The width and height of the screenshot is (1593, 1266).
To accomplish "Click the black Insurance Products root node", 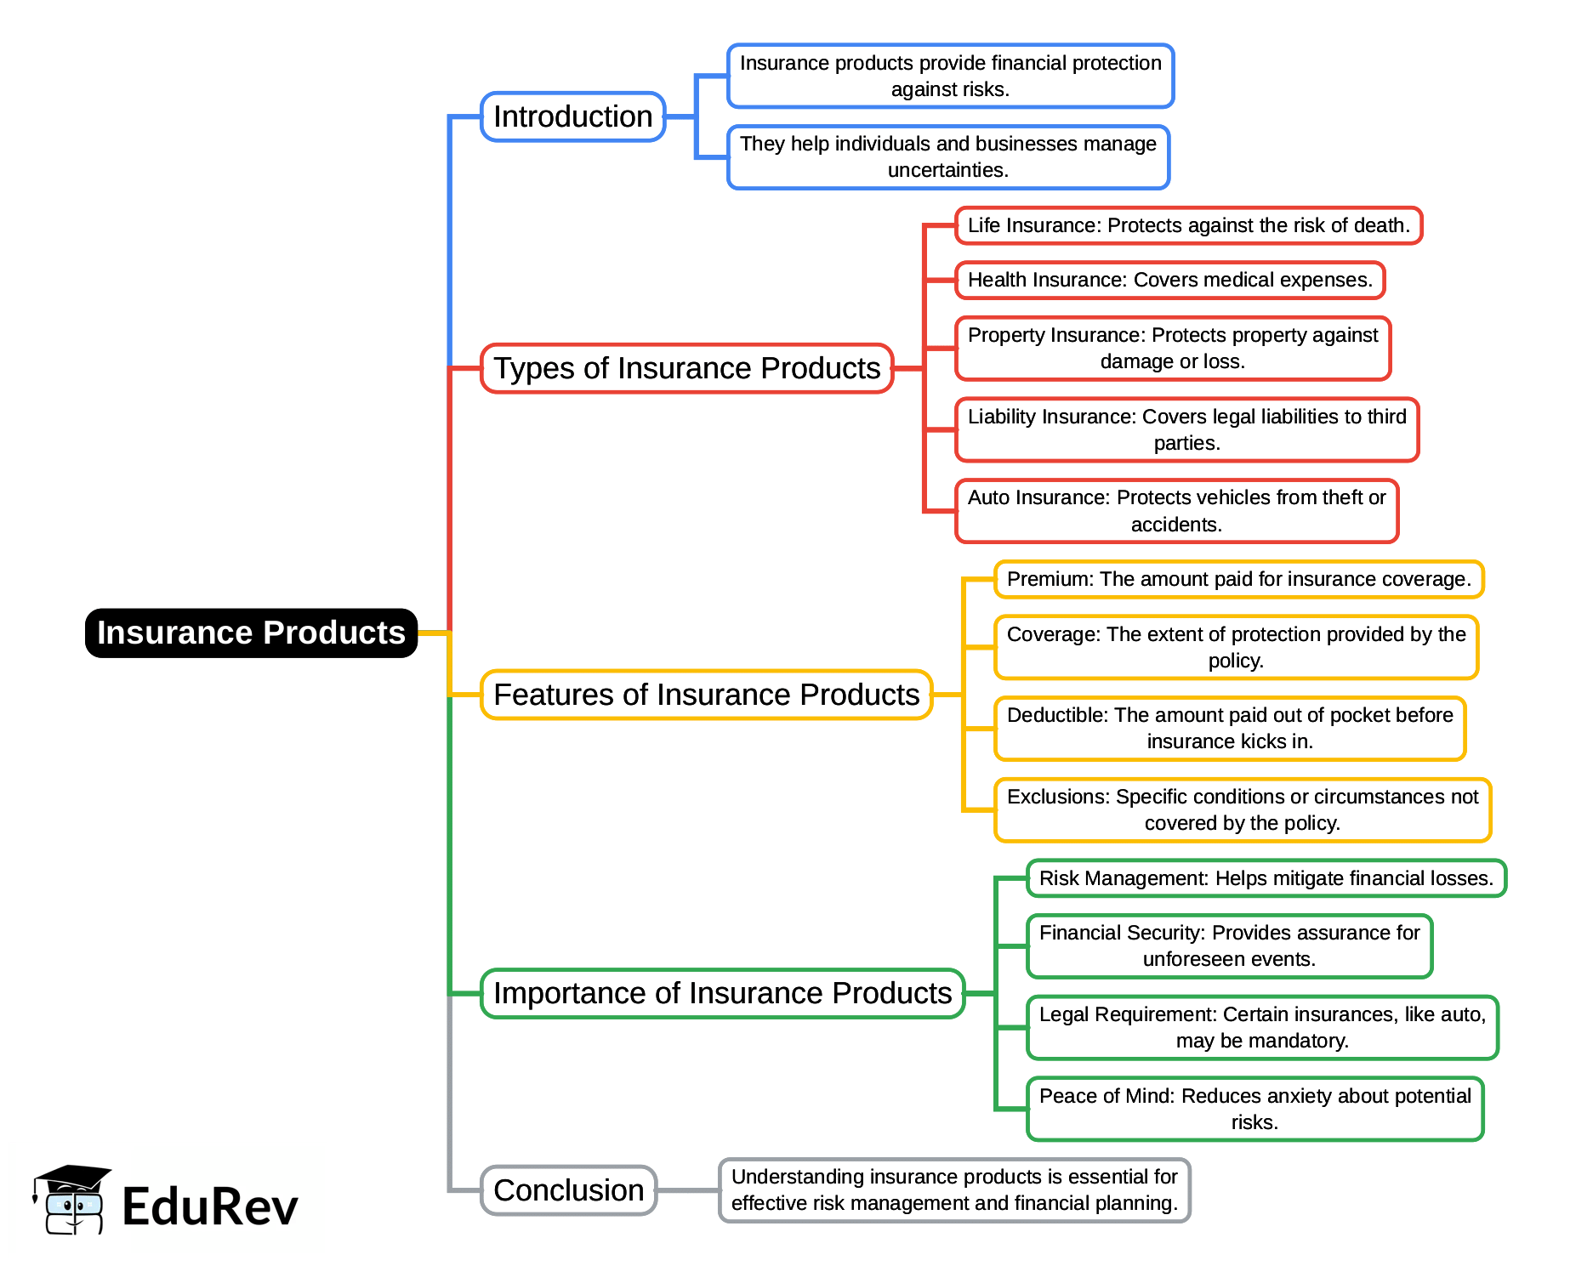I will tap(251, 633).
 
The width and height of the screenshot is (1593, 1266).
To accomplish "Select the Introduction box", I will tap(572, 116).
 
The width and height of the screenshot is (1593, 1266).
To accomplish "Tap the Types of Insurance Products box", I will tap(686, 368).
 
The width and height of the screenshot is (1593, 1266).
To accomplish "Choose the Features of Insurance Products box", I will tap(706, 695).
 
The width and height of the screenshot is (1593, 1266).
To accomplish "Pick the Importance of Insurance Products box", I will tap(722, 993).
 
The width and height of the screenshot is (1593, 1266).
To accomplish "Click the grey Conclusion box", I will tap(568, 1190).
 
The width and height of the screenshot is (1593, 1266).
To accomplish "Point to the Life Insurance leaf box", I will tap(1188, 225).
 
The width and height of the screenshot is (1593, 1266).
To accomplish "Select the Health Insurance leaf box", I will tap(1169, 280).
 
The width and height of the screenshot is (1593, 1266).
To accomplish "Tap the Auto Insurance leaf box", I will tap(1176, 511).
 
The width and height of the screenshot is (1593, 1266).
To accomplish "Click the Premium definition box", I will tap(1238, 579).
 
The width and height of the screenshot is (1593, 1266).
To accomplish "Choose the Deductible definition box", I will tap(1230, 729).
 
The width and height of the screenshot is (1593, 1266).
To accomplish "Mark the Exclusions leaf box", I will tap(1242, 810).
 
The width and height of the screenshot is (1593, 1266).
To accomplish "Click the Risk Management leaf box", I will tap(1266, 878).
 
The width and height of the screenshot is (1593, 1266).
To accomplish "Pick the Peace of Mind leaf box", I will tap(1254, 1109).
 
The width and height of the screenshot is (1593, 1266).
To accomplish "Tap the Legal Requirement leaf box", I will tap(1262, 1027).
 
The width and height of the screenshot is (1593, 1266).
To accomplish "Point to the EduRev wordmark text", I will tap(210, 1206).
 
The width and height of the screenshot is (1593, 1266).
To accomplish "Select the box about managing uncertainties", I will tap(948, 157).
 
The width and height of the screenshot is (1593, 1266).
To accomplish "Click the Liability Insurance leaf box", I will tap(1186, 429).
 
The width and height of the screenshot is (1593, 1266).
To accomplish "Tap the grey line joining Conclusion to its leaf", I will tap(687, 1190).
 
